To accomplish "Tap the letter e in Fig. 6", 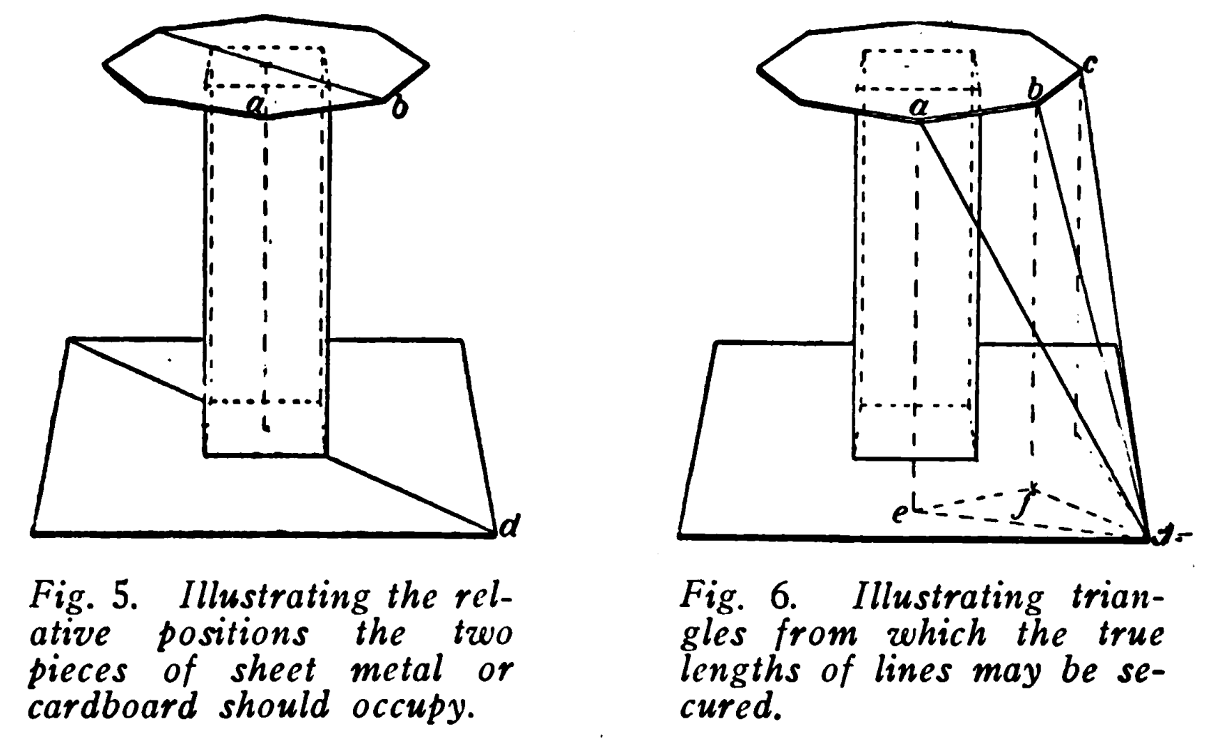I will point(900,513).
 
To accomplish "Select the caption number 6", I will point(777,596).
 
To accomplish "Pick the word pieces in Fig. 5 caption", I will point(78,671).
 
